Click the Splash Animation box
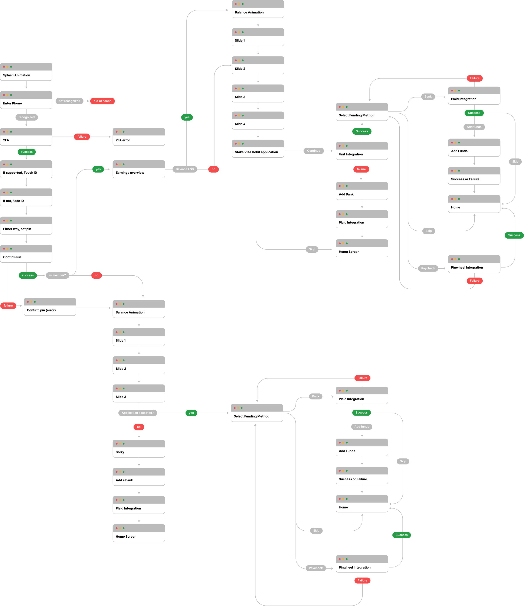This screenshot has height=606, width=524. (x=26, y=72)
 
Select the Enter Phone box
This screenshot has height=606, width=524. (x=26, y=100)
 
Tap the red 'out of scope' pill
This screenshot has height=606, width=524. (x=102, y=101)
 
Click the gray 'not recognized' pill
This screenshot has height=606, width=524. (x=69, y=101)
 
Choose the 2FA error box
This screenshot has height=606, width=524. (x=139, y=137)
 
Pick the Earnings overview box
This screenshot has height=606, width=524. (x=139, y=169)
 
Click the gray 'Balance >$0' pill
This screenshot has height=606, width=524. (x=184, y=169)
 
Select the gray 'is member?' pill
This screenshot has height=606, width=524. (x=57, y=275)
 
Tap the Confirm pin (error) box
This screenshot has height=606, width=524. (x=50, y=307)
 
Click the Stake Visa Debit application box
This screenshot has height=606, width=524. (x=258, y=149)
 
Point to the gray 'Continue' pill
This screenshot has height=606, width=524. (x=314, y=151)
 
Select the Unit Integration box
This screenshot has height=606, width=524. (x=362, y=151)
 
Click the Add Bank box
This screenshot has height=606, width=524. (x=362, y=191)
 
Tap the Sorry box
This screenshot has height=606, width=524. (x=139, y=449)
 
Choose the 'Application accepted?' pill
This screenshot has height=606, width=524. (x=137, y=413)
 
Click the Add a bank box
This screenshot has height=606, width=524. (x=139, y=477)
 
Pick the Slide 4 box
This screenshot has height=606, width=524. (x=258, y=121)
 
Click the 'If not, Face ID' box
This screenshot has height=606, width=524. (x=26, y=197)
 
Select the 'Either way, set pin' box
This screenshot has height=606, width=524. (x=26, y=226)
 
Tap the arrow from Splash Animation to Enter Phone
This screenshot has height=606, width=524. (x=26, y=85)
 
